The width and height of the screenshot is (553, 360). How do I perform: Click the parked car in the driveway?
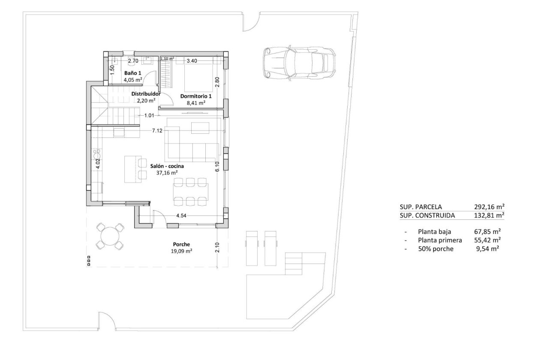pos(298,63)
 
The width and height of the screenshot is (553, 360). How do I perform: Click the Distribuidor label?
pos(146,94)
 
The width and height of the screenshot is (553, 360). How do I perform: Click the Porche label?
pos(181,245)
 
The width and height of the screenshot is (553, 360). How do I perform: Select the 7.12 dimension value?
pos(157,131)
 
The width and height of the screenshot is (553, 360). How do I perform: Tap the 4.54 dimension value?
pos(181,216)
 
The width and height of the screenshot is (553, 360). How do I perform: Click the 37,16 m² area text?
pos(167,173)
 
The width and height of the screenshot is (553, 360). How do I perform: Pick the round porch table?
pos(109,236)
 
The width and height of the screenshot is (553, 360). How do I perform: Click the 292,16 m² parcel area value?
pos(489,206)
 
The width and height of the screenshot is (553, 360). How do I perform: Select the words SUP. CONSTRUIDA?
pos(427,215)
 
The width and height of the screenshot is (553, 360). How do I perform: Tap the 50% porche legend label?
pos(435,249)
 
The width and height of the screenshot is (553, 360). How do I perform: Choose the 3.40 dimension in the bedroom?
pos(192,61)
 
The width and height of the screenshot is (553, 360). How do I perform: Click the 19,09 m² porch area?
pos(181,252)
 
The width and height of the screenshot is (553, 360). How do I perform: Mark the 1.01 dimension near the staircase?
pos(149,115)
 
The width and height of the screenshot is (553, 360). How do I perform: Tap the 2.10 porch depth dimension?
pos(217,247)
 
